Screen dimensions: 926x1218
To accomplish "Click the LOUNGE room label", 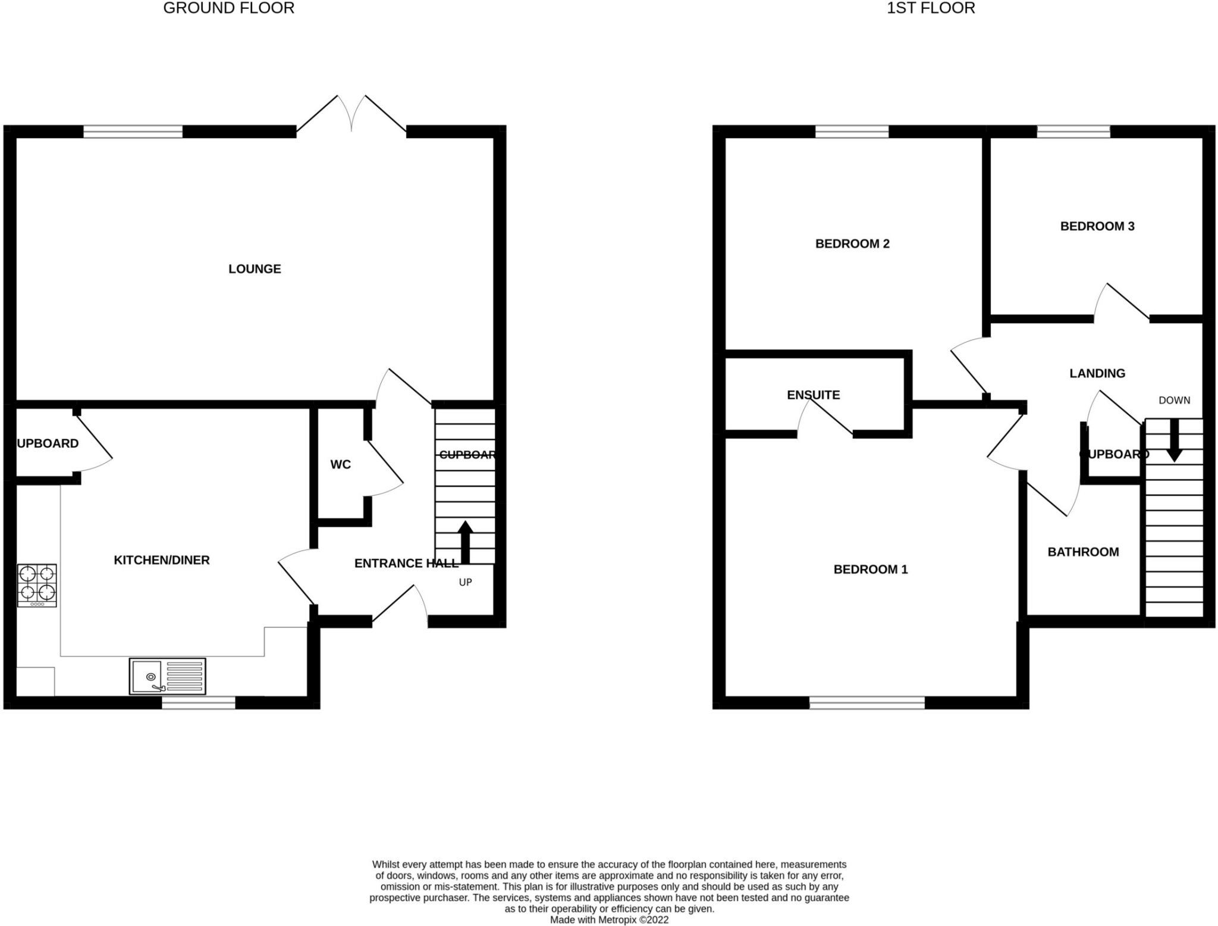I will (255, 269).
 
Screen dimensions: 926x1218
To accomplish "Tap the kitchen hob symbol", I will (37, 585).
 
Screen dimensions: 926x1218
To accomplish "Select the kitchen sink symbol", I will (168, 676).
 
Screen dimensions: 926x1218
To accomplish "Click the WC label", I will (340, 464).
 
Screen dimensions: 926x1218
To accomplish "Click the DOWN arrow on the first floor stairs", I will (1174, 440).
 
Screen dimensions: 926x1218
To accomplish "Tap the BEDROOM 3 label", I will (1097, 226).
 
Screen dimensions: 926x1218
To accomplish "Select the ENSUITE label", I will (813, 395).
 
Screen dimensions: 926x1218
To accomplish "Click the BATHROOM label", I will (1083, 552).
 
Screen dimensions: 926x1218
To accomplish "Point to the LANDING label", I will (1097, 373).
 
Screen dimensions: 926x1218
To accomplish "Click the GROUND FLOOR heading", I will (228, 8).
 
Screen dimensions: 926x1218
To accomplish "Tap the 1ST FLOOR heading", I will (931, 8).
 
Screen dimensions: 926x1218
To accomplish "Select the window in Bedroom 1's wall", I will (867, 703).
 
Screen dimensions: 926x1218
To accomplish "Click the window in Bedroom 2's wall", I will (852, 132).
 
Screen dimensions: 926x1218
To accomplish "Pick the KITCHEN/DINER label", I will (162, 560).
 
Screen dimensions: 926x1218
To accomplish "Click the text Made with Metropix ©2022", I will (609, 919).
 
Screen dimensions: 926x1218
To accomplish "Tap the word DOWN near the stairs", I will (1174, 401).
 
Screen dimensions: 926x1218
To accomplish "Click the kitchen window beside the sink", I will (199, 703).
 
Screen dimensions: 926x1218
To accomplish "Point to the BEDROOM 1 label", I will (870, 570).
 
